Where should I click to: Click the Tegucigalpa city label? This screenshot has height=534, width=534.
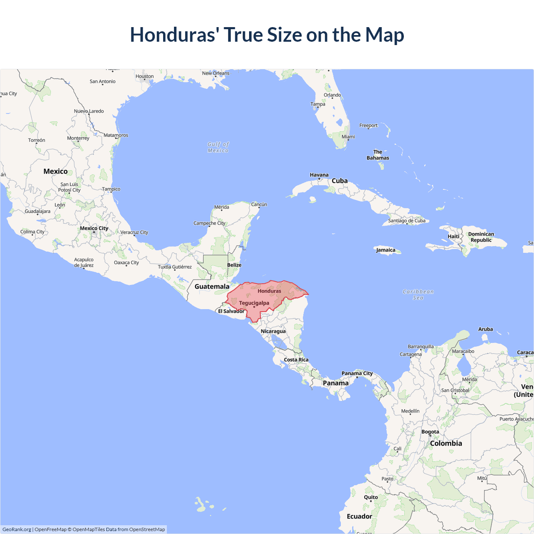tap(254, 303)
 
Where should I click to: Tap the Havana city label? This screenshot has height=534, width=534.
tap(319, 175)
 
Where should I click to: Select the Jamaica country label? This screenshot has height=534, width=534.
tap(385, 250)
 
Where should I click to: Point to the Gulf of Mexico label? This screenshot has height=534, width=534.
tap(218, 147)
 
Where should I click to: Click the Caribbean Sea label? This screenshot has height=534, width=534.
tap(418, 295)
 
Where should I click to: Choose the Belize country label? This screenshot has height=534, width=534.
tap(234, 265)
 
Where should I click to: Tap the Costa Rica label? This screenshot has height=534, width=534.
tap(296, 360)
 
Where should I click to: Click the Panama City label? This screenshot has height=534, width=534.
tap(357, 373)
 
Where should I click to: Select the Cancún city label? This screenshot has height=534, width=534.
tap(259, 204)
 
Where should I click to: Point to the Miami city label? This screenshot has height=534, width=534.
tap(348, 137)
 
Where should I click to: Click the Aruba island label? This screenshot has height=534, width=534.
tap(486, 329)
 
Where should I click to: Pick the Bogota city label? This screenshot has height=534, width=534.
tap(430, 432)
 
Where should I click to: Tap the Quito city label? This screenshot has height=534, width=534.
tap(371, 497)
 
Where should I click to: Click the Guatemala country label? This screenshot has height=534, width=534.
tap(212, 287)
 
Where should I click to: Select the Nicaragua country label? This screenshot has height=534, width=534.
tap(273, 331)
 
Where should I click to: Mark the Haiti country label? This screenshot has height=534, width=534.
tap(453, 237)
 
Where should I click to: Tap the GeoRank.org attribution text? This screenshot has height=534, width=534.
tap(17, 529)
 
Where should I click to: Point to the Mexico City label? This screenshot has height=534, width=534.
tap(94, 228)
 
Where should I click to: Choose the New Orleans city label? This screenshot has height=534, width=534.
tap(216, 73)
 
